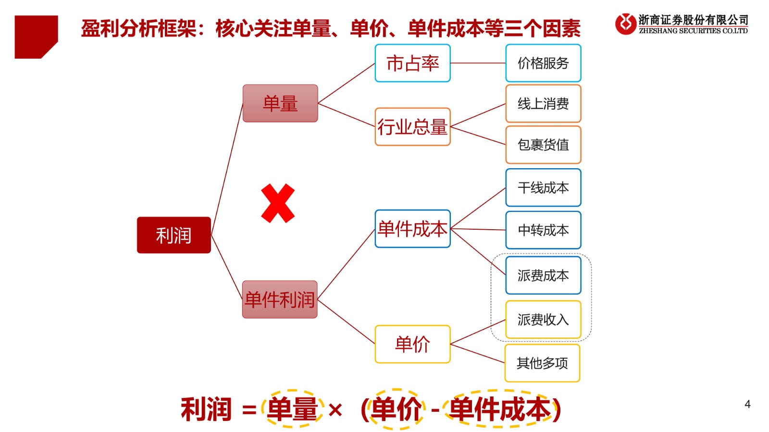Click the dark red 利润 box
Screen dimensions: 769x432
[x=174, y=235]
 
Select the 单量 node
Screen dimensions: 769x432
[x=280, y=103]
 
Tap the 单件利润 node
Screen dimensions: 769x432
[x=280, y=299]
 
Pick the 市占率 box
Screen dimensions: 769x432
[x=413, y=63]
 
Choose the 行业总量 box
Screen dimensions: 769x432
[x=413, y=127]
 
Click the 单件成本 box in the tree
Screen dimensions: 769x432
[x=413, y=229]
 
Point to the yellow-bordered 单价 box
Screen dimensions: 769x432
[x=413, y=344]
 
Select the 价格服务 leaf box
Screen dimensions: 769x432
[x=544, y=63]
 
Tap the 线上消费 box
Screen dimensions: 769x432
[x=544, y=104]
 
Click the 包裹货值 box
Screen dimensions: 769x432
[x=544, y=145]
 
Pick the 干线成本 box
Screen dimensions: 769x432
[x=544, y=188]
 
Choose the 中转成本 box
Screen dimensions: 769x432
[x=544, y=230]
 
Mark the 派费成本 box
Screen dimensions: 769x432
[x=544, y=275]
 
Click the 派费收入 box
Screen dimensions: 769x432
[x=544, y=320]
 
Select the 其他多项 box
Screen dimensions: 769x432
[x=543, y=363]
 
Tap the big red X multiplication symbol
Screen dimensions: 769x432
[x=278, y=203]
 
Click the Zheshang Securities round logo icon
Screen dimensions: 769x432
[x=625, y=24]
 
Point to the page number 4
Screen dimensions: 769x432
[x=747, y=404]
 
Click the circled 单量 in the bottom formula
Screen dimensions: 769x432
[x=293, y=408]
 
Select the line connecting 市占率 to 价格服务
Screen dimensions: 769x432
[x=478, y=63]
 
